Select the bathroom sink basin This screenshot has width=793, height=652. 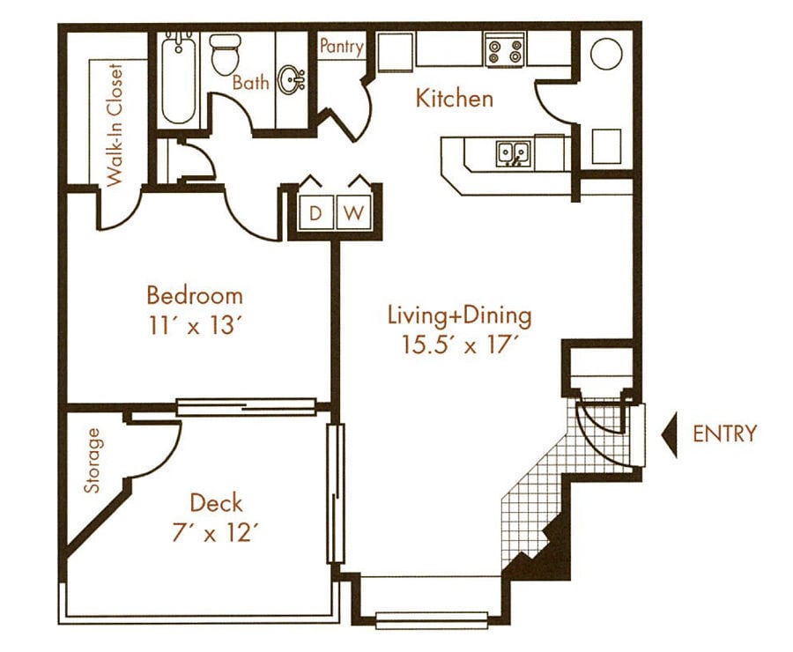point(290,82)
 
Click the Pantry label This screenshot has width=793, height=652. point(341,47)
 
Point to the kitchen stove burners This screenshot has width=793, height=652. point(504,48)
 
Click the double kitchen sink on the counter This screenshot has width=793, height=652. point(513,154)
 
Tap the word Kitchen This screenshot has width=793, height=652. point(455,99)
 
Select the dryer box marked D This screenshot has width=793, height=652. point(315,212)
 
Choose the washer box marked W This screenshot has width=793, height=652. point(353,212)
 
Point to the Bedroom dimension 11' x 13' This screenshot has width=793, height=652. point(194,325)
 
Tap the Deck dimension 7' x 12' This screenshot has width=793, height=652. point(216,532)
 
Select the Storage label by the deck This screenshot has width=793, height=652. point(91,461)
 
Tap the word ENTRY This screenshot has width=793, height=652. point(724,433)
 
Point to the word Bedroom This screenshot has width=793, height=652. point(194,294)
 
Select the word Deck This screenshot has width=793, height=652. point(216,503)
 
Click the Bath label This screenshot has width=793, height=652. point(250,83)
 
